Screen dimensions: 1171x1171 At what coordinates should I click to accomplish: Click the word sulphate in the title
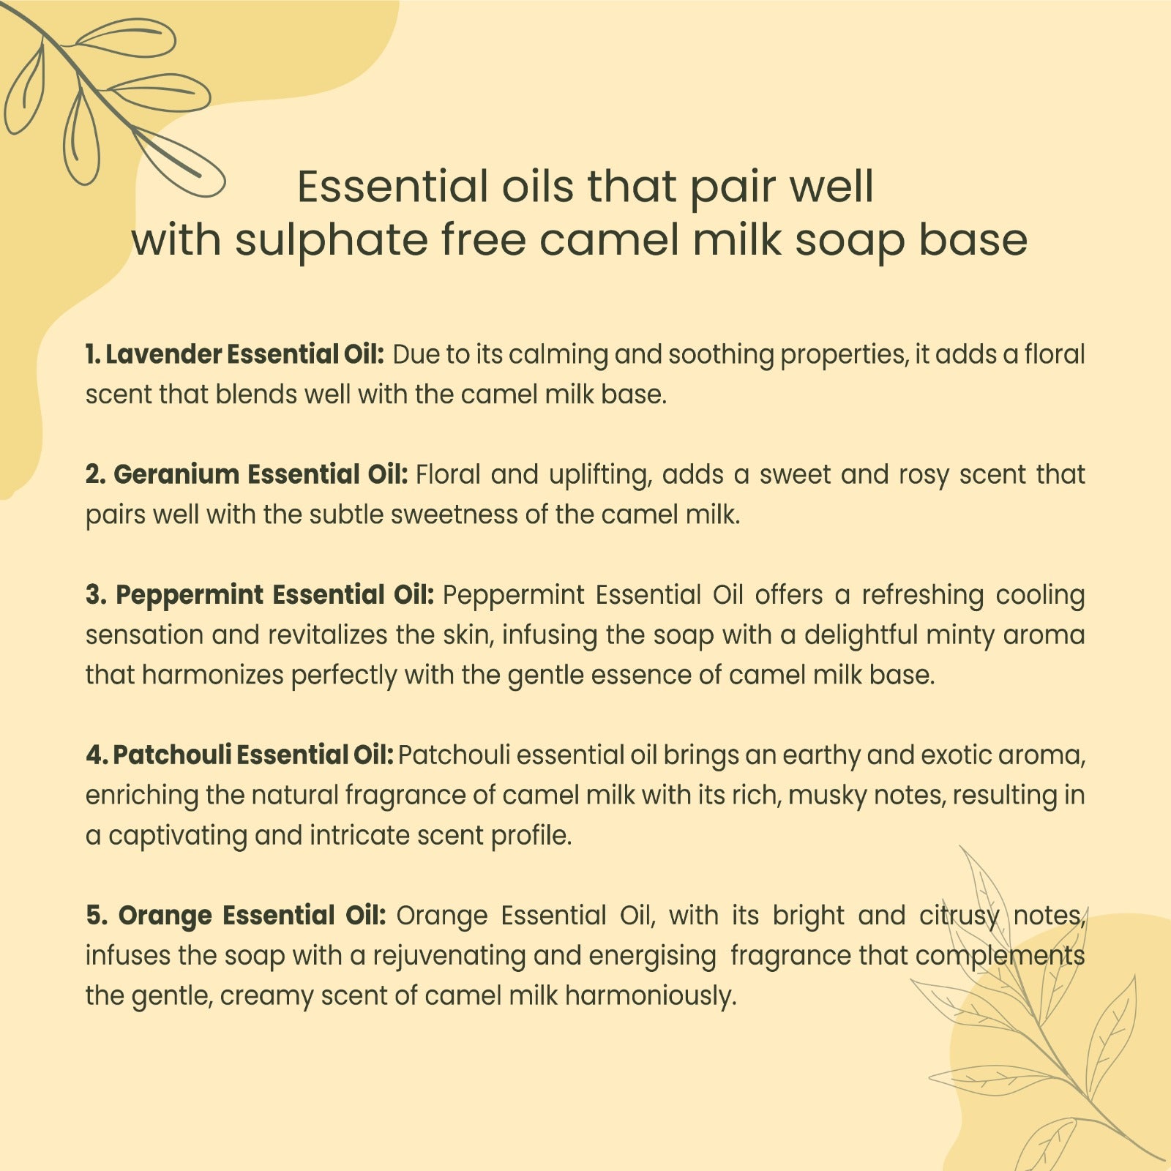(x=331, y=242)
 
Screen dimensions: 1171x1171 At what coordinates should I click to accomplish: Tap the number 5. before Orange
(x=97, y=915)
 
